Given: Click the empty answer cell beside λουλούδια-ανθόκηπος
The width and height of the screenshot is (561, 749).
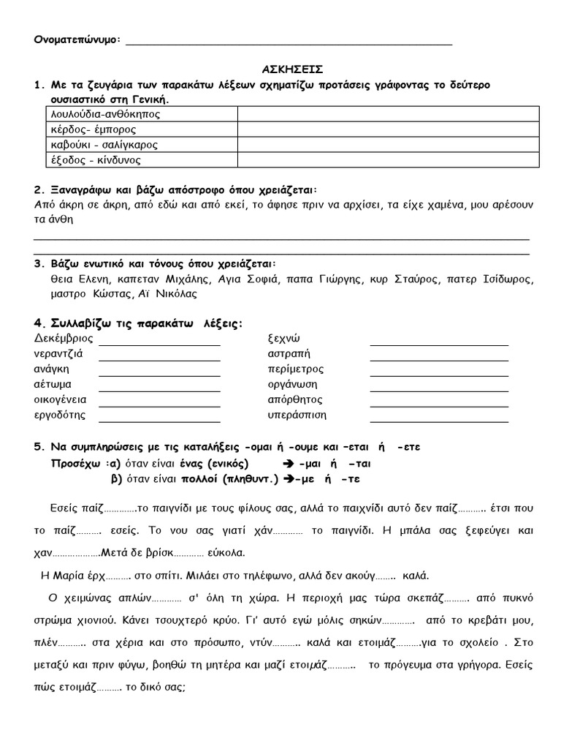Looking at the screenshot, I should click(387, 114).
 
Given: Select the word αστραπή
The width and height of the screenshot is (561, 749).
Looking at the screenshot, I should click(289, 353).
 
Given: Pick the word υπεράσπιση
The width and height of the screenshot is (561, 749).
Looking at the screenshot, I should click(297, 415).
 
